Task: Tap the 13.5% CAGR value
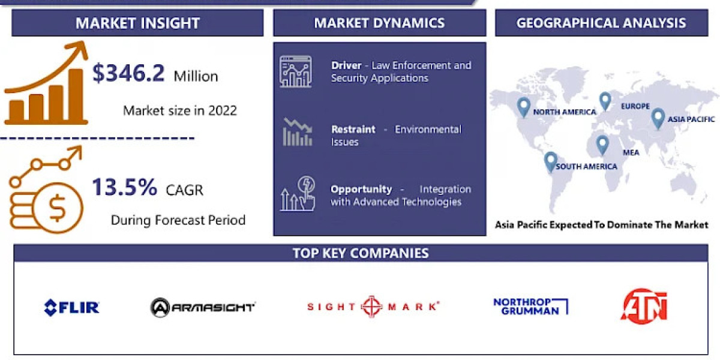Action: click(124, 188)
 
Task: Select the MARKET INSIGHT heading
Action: click(137, 23)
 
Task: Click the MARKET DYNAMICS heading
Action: click(379, 23)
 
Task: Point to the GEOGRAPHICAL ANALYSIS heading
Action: click(601, 23)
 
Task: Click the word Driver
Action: click(346, 65)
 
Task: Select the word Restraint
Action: click(353, 129)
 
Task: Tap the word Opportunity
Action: click(361, 189)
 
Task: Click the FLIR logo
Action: click(72, 308)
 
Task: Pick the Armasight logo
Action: click(203, 307)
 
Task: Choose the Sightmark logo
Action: click(373, 307)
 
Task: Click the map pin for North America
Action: click(524, 106)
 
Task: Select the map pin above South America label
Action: click(550, 161)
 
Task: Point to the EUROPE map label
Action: click(635, 106)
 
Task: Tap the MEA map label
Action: click(631, 152)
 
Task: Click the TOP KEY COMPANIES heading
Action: click(361, 253)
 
